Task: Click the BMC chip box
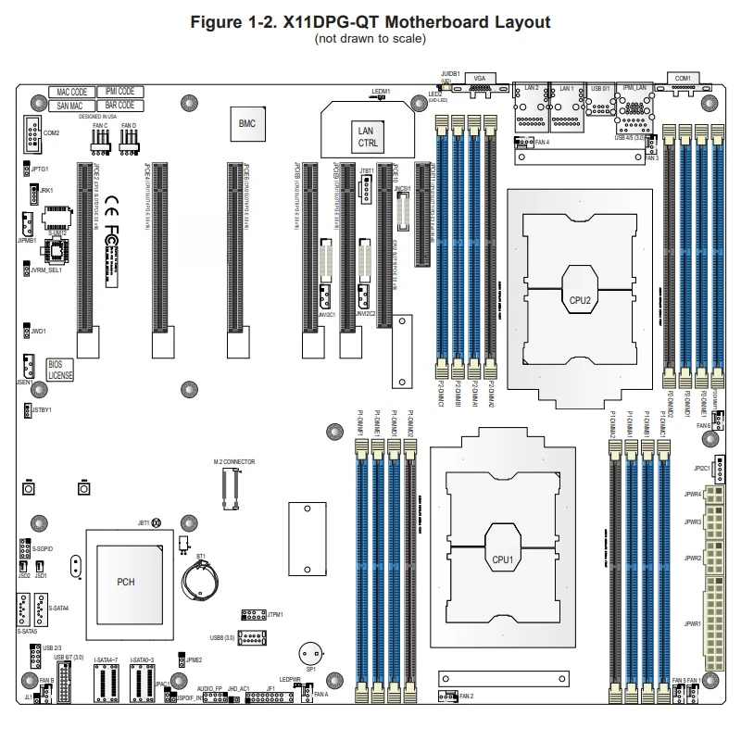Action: (246, 123)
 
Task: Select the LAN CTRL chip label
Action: (366, 138)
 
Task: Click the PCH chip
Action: (125, 582)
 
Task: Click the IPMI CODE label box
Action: (119, 93)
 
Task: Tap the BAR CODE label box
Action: (119, 106)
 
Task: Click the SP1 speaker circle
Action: (311, 654)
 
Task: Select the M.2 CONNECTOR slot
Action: (231, 488)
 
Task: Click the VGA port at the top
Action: (478, 89)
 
